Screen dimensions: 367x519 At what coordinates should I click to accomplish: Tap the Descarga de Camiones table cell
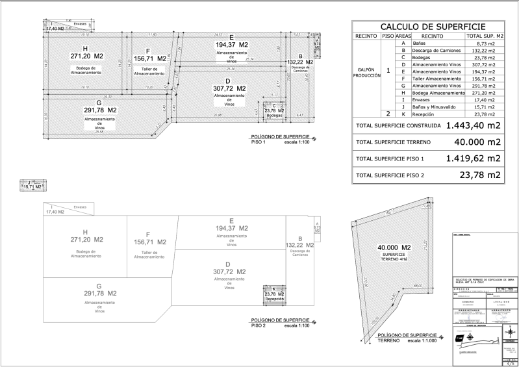click(433, 50)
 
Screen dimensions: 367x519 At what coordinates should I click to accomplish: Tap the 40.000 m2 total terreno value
click(477, 142)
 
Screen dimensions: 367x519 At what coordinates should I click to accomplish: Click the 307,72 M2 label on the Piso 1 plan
click(231, 88)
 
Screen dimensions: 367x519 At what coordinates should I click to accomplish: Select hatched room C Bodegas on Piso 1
click(275, 110)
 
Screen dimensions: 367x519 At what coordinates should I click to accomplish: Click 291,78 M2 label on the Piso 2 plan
click(99, 294)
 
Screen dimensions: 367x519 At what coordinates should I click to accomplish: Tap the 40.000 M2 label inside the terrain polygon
click(394, 248)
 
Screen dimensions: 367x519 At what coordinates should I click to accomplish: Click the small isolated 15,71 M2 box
click(32, 186)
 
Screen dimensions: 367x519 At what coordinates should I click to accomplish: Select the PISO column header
click(388, 35)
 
